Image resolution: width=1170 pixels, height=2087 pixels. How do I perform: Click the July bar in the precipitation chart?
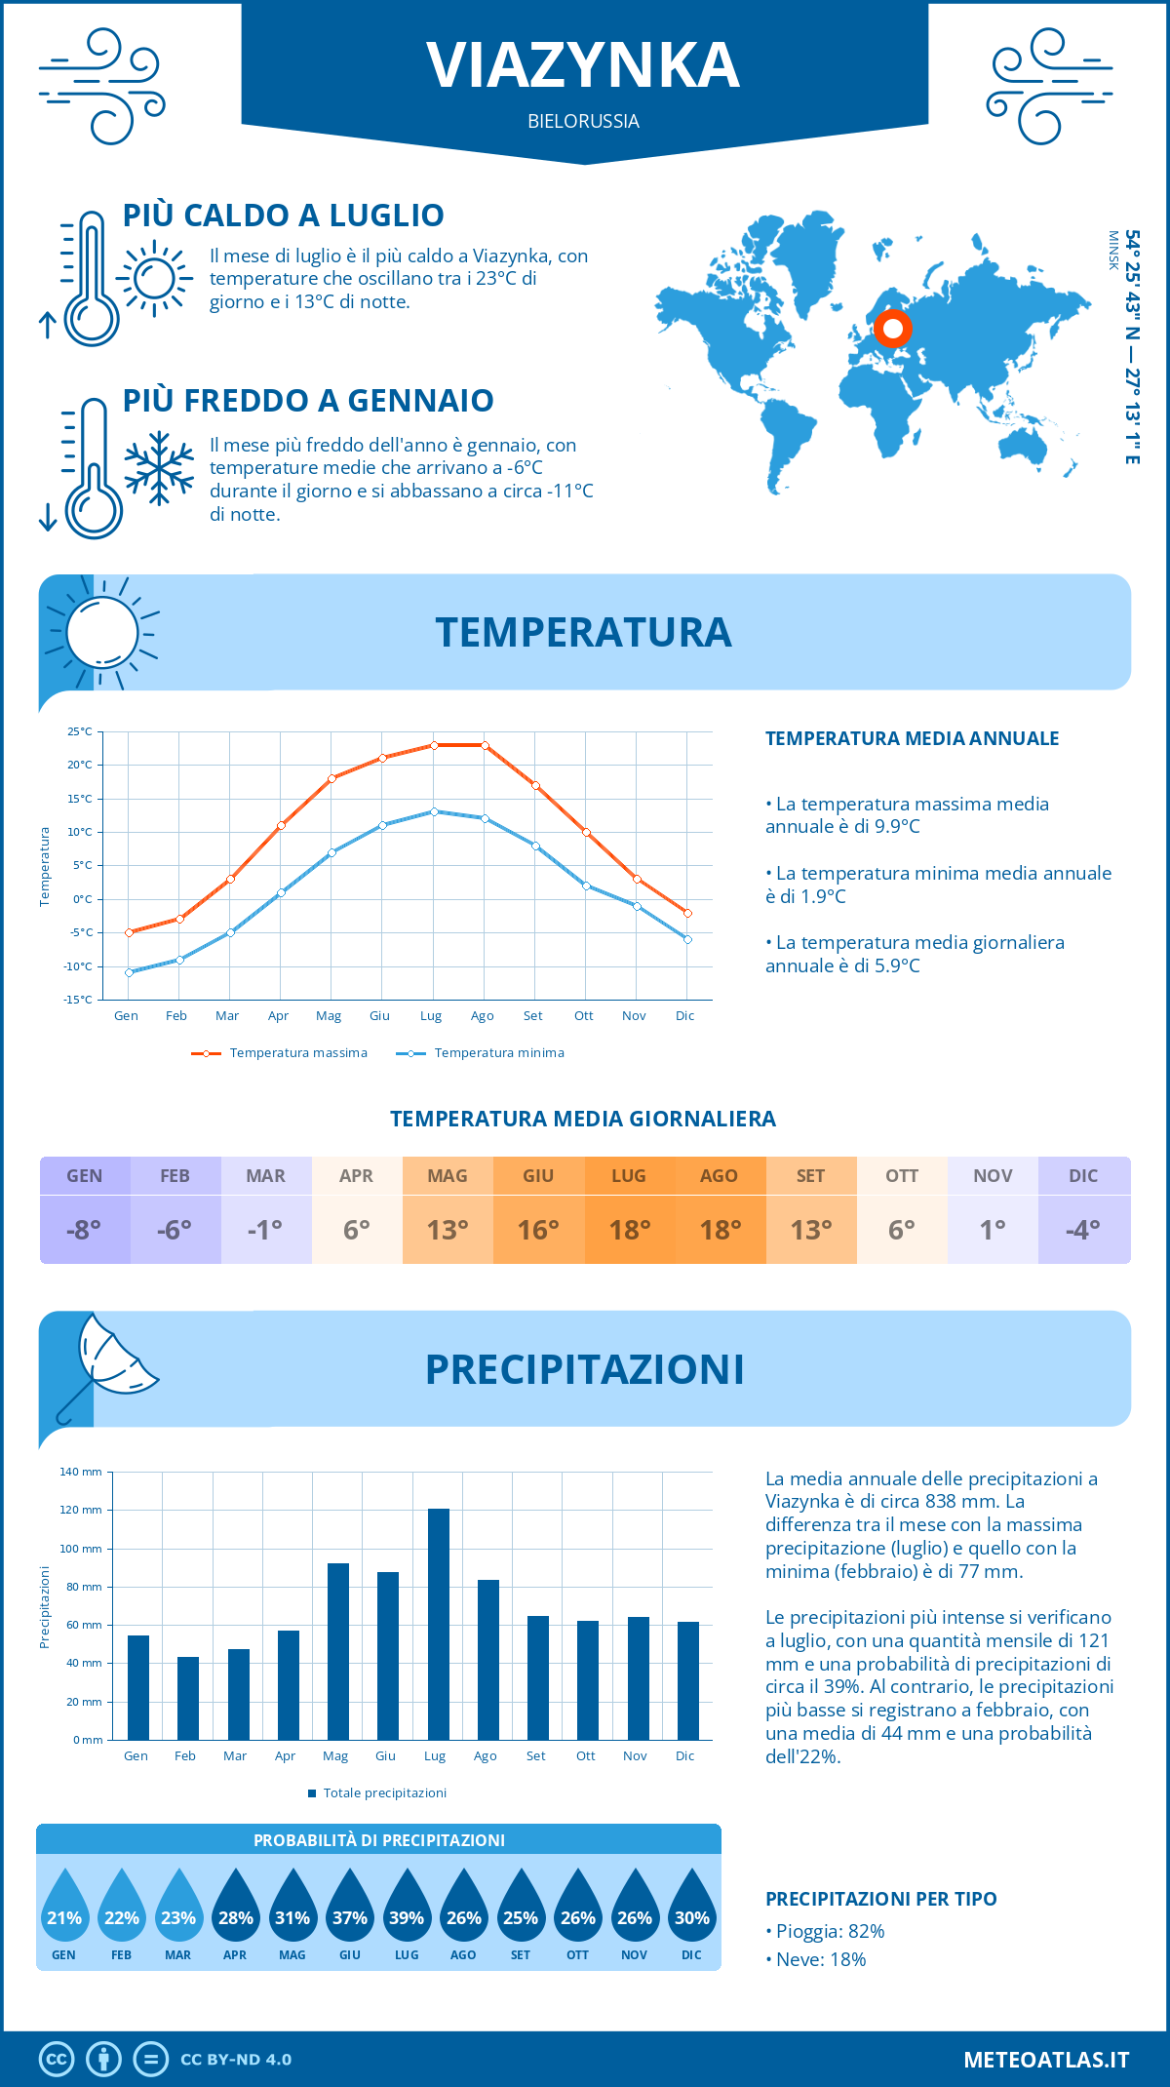(438, 1624)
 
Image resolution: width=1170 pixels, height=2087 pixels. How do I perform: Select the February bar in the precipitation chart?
(188, 1698)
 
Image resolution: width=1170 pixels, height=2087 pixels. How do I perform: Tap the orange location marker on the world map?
(892, 329)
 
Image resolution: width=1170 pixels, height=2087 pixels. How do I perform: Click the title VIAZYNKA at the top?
(583, 65)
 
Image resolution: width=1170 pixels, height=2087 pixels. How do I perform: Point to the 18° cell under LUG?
(629, 1229)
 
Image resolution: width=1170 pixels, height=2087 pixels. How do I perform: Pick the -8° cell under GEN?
(84, 1229)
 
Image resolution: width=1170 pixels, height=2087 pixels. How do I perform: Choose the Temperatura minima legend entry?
(482, 1052)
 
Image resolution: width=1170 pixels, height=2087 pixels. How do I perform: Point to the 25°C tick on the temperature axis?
(80, 731)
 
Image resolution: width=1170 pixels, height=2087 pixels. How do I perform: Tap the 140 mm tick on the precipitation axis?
(81, 1472)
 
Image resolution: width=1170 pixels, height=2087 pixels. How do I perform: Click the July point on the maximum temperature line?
(434, 745)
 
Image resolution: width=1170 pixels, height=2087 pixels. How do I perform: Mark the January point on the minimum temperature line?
(129, 972)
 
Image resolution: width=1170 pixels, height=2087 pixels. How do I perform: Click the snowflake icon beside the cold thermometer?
(159, 468)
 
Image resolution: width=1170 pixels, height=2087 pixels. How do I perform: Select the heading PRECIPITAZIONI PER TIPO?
(880, 1899)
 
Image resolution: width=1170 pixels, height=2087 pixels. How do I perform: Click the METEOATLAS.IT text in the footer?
(1045, 2059)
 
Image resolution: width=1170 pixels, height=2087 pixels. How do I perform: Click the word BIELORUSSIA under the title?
(583, 121)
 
